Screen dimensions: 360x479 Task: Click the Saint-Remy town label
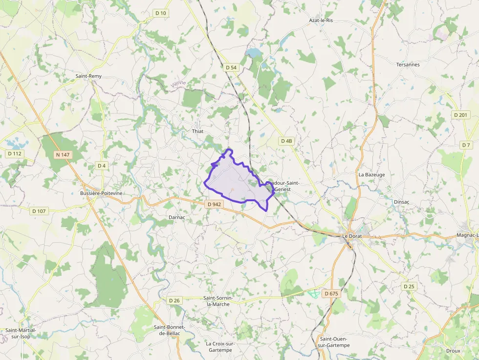pos(88,76)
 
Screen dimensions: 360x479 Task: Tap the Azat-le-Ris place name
pos(321,21)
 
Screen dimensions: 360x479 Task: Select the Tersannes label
pos(408,64)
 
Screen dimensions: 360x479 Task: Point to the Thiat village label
pos(197,131)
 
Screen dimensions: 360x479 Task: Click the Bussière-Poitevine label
pos(101,193)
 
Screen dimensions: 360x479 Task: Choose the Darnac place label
pos(176,216)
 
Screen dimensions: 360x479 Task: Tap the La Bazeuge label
pos(371,174)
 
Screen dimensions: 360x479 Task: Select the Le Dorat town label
pos(352,236)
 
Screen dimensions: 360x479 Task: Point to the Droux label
pos(453,351)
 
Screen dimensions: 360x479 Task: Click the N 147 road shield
pos(63,155)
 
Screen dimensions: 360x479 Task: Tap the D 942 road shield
pos(214,204)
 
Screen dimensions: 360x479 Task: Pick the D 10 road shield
pos(161,13)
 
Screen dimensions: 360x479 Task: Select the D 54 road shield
pos(231,67)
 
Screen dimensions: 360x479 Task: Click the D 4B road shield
pos(286,141)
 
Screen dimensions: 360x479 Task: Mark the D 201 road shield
pos(460,115)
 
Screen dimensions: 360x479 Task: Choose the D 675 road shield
pos(331,294)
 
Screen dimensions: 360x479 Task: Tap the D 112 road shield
pos(15,153)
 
